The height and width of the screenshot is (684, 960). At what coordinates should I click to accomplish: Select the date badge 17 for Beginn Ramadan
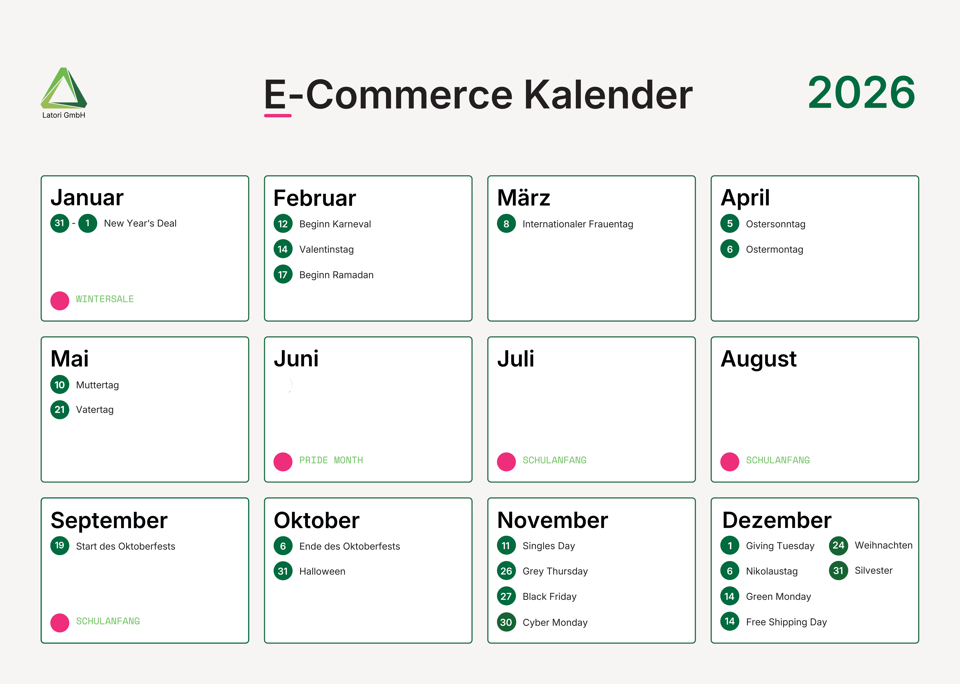tap(283, 275)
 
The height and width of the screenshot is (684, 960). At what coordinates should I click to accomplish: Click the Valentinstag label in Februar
tap(326, 249)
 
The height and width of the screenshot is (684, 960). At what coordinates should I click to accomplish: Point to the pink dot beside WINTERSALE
tap(60, 301)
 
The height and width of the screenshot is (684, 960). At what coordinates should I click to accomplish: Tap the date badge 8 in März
tap(506, 224)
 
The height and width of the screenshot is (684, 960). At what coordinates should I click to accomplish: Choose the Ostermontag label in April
tap(774, 249)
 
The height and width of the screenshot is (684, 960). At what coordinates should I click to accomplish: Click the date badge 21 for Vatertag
tap(60, 409)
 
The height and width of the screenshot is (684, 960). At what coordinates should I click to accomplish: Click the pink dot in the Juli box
tap(506, 462)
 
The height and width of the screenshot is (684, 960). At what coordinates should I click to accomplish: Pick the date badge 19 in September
tap(60, 545)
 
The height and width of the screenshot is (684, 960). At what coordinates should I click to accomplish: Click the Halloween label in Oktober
tap(322, 571)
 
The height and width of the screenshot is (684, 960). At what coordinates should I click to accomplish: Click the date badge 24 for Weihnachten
tap(838, 545)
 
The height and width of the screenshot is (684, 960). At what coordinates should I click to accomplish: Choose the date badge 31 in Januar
tap(60, 223)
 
